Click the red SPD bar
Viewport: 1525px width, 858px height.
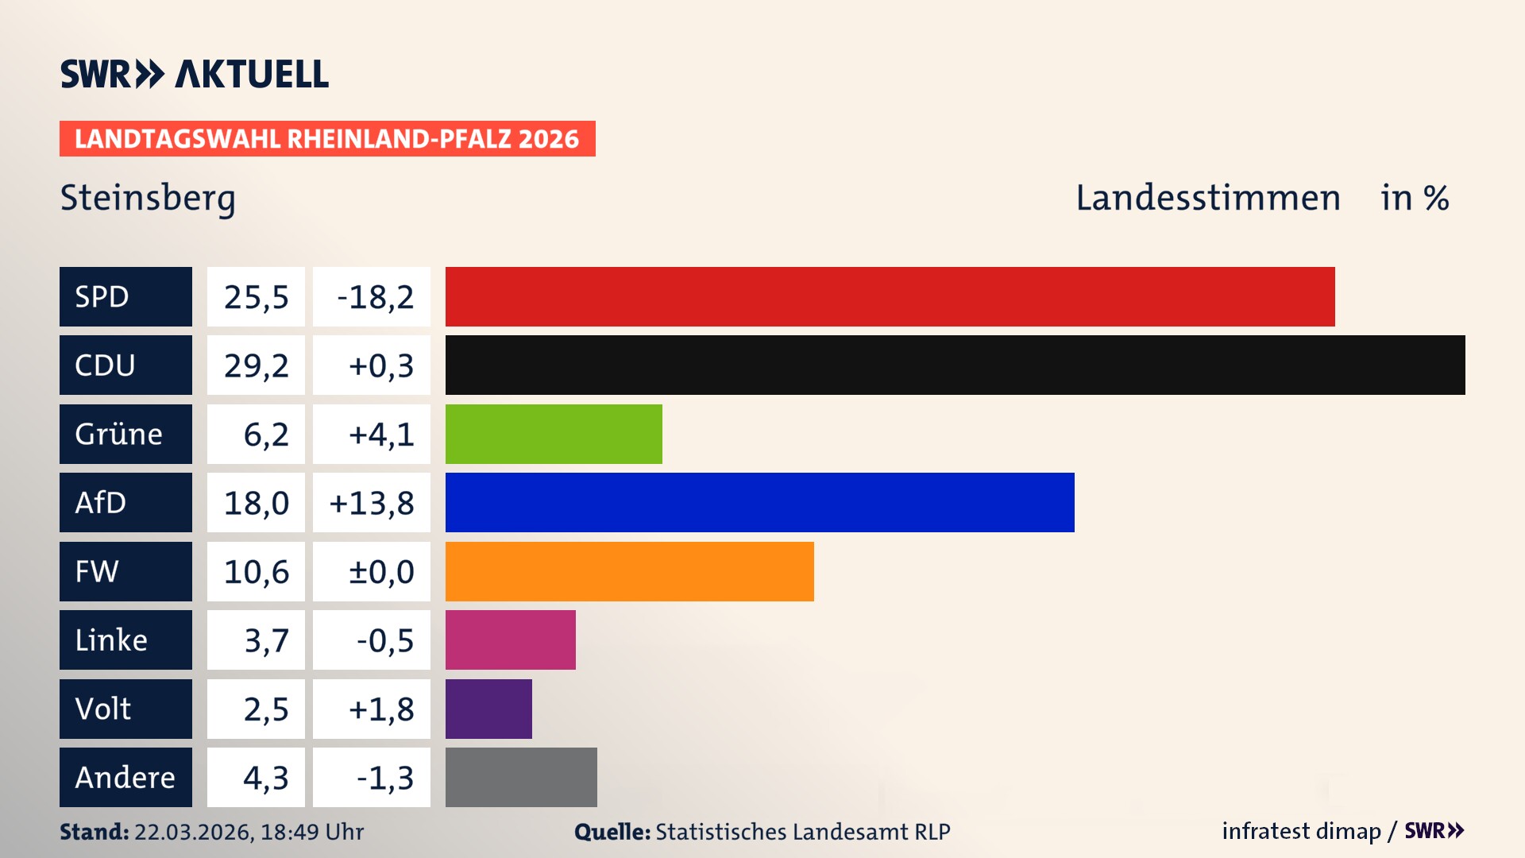tap(890, 296)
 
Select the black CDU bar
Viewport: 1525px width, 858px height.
tap(955, 365)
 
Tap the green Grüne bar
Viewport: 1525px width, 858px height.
tap(554, 434)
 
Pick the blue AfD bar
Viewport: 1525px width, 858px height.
tap(759, 502)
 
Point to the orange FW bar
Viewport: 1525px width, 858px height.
tap(629, 571)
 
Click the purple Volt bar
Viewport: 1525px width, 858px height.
tap(488, 709)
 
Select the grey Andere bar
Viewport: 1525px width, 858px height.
tap(521, 777)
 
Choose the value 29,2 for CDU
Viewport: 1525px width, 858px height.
tap(256, 365)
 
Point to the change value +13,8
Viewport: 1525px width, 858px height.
tap(372, 503)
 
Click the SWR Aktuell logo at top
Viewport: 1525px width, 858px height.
tap(195, 74)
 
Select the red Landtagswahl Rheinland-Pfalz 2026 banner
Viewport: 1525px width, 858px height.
tap(327, 139)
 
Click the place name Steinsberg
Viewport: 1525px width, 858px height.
tap(148, 198)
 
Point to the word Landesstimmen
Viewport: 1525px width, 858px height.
tap(1207, 198)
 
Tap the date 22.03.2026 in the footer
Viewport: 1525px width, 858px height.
tap(193, 832)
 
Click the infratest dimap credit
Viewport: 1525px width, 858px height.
tap(1301, 831)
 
